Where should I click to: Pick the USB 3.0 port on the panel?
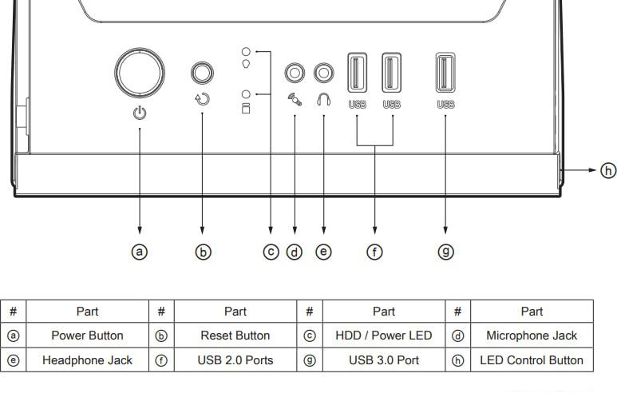445,73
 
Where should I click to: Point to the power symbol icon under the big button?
140,113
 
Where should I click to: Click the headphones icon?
324,99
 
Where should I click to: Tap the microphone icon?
295,99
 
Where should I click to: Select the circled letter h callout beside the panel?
608,170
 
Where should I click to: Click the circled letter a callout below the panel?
140,252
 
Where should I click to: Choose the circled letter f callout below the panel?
374,252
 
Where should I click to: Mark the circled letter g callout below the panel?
446,252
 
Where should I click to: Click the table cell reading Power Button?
87,336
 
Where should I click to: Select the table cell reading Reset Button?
235,336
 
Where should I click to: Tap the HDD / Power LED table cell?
384,336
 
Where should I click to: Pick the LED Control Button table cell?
532,360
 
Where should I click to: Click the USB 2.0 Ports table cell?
235,360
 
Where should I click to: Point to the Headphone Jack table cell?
87,360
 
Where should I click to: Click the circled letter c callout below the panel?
271,252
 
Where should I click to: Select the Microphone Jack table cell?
532,336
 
